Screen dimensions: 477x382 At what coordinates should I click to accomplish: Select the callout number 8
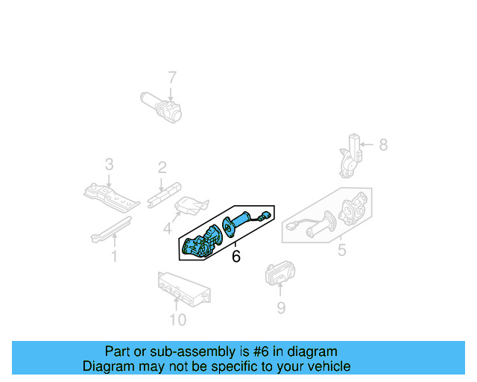pos(383,145)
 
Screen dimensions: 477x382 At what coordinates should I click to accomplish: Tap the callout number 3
pos(109,164)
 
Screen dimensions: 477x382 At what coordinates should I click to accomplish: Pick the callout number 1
pos(115,257)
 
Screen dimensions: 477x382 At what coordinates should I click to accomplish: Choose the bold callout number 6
pos(236,257)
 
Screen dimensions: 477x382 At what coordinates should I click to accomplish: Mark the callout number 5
pos(341,251)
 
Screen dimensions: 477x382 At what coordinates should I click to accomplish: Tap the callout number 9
pos(281,307)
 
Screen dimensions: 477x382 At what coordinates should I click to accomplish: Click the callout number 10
pos(177,321)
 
